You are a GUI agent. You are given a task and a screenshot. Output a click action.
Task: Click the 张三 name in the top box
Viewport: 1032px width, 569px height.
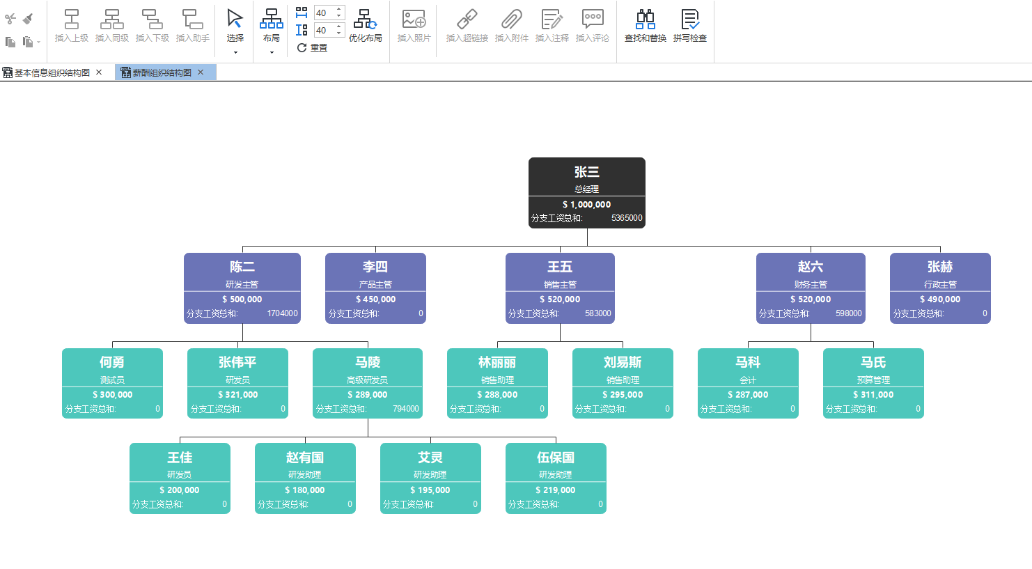(x=586, y=172)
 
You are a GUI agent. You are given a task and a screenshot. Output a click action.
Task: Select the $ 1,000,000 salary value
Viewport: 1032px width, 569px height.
(x=586, y=205)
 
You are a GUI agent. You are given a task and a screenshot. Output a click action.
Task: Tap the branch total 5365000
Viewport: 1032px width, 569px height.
(x=627, y=218)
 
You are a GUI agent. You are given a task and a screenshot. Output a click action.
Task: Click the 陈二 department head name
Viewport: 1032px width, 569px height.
(x=242, y=267)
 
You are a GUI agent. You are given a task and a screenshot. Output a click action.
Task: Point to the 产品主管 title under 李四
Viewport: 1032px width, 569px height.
(x=375, y=285)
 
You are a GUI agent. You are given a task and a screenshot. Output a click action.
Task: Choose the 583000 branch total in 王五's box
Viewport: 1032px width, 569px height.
(x=597, y=313)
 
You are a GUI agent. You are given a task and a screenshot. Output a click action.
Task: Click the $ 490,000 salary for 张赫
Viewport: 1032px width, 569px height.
(x=940, y=299)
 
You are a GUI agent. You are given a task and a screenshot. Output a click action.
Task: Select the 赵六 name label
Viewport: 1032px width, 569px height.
(x=811, y=267)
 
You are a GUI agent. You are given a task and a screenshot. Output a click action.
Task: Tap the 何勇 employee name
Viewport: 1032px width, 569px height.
(x=112, y=362)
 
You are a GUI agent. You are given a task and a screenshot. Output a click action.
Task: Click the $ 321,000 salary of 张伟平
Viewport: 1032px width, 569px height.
(x=237, y=395)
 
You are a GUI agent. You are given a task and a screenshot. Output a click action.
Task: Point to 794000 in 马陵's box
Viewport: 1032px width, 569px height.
(x=405, y=409)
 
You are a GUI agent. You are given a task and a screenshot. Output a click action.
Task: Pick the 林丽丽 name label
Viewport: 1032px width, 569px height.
(x=497, y=362)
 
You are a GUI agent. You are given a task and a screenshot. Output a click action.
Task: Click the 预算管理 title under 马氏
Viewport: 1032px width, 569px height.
(x=873, y=380)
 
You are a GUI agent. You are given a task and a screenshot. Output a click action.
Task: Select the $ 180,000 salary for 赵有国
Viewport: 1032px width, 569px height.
(x=305, y=490)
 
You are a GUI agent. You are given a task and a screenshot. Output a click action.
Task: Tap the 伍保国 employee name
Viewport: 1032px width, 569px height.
(x=556, y=458)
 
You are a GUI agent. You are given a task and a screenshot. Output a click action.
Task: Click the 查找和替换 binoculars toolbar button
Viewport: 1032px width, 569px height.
(x=645, y=26)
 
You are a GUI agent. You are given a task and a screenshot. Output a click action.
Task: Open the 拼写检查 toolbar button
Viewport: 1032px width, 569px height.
(x=689, y=26)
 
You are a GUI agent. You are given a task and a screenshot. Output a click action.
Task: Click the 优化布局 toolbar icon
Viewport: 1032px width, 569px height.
(x=365, y=26)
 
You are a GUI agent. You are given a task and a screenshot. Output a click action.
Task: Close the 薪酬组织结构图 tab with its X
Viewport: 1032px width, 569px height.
(x=201, y=72)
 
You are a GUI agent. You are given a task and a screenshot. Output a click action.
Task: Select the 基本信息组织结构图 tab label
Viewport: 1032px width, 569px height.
(x=52, y=72)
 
